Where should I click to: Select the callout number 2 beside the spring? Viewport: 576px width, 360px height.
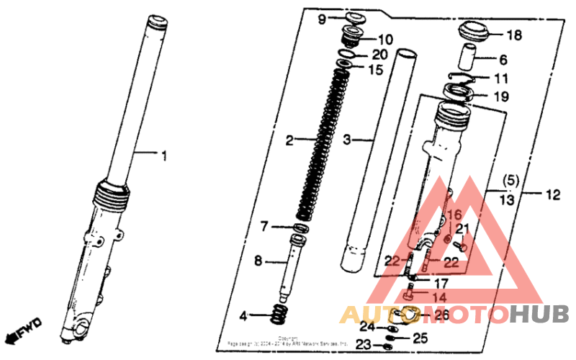point(289,140)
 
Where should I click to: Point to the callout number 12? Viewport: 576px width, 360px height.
point(552,193)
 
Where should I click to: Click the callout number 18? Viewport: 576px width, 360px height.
point(514,35)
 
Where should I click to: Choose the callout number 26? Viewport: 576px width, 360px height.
point(441,315)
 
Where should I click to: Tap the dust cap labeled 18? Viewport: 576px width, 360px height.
point(474,32)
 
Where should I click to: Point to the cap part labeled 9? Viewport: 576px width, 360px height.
point(354,17)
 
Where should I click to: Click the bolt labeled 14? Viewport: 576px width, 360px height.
point(410,294)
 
